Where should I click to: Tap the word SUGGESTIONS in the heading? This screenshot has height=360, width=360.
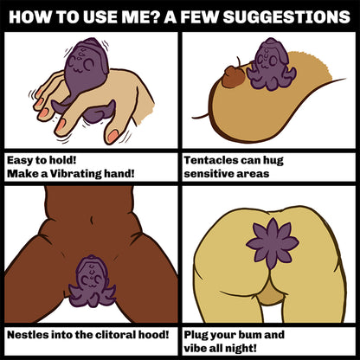(287, 16)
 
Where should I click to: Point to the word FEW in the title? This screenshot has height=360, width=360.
(200, 16)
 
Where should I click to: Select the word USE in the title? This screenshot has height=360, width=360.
(100, 16)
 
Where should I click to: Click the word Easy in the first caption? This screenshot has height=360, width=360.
(19, 160)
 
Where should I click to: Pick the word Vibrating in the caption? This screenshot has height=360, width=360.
(75, 174)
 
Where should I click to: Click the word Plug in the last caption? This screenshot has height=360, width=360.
(196, 336)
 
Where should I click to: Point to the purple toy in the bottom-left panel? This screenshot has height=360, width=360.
(92, 281)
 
